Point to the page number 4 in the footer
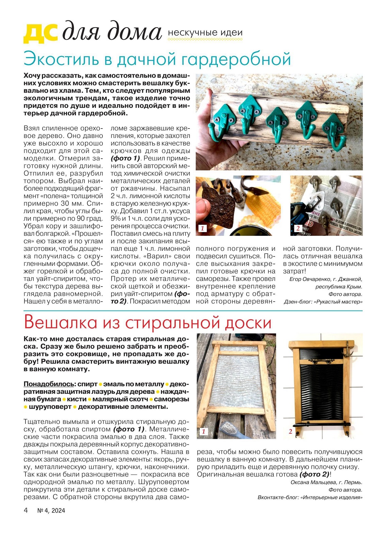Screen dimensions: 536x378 click(x=26, y=510)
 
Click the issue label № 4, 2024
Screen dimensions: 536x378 click(x=51, y=511)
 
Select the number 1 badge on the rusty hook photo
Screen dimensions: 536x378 click(x=202, y=228)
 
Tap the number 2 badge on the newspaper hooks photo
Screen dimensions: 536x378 click(x=298, y=228)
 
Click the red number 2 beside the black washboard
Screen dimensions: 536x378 click(x=290, y=431)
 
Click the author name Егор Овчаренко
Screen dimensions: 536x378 click(x=310, y=279)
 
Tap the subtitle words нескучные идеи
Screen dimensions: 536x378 click(x=205, y=33)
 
